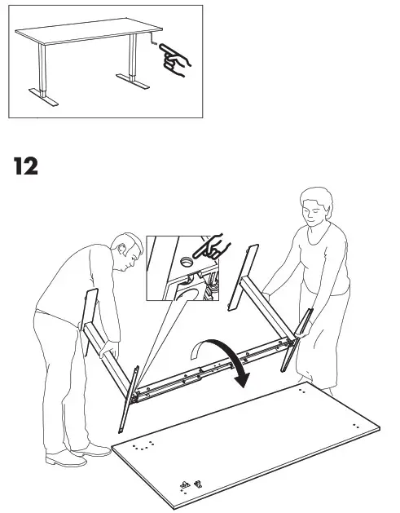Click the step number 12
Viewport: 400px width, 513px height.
(25, 166)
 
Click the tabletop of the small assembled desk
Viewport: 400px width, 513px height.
(77, 35)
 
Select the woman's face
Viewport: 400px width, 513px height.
(312, 214)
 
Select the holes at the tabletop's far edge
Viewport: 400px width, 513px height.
(304, 391)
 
